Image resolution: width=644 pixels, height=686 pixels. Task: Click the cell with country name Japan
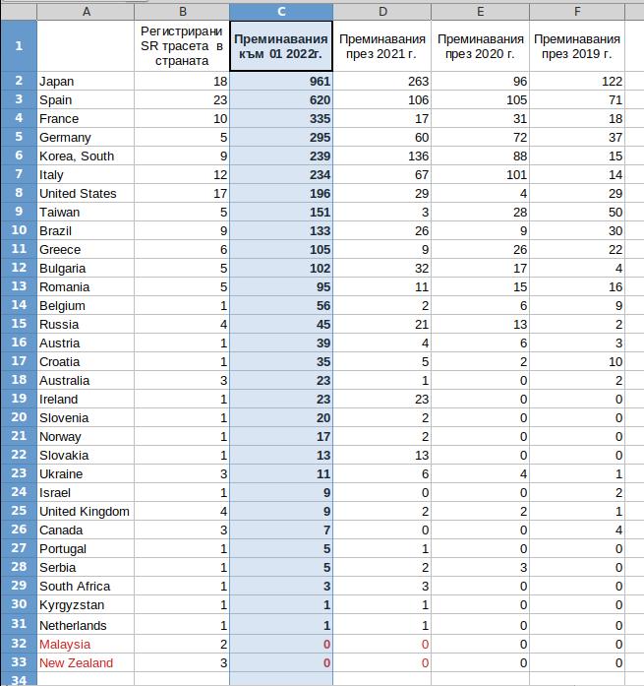coord(57,82)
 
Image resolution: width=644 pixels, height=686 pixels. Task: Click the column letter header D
coord(382,11)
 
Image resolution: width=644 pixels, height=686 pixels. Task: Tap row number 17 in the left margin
coord(18,361)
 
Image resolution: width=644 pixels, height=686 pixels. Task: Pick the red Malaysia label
coord(64,644)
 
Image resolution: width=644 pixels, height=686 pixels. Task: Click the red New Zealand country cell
coord(76,662)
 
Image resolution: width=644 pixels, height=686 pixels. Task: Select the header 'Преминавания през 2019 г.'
coord(577,45)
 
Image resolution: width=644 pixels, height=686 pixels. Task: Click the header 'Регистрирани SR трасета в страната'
coord(182,45)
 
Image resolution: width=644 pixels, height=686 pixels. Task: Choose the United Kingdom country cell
coord(85,512)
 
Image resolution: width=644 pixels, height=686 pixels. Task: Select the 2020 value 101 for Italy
coord(512,175)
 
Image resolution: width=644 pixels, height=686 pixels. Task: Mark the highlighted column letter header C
coord(281,11)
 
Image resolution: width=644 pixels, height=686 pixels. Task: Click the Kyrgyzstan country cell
coord(72,605)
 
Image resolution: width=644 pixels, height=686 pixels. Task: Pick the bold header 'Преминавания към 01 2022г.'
coord(281,45)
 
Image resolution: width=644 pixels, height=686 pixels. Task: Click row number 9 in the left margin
coord(18,213)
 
